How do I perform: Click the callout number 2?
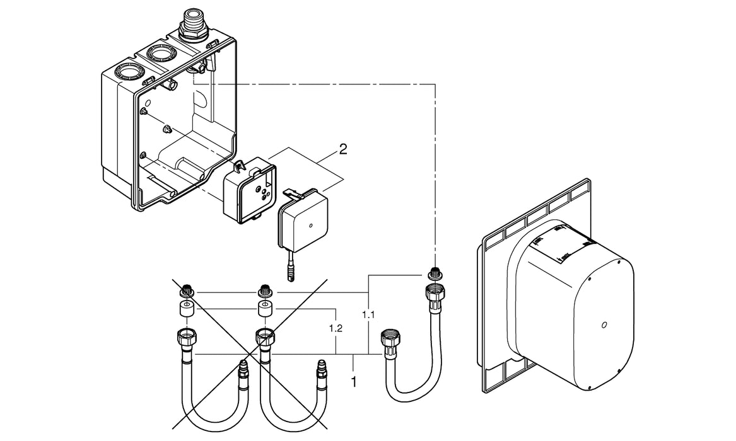point(342,149)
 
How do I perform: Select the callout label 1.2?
point(336,329)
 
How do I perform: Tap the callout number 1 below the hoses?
point(354,381)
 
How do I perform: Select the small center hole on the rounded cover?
point(604,326)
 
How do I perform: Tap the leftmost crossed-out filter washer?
point(187,292)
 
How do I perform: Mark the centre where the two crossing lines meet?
point(253,353)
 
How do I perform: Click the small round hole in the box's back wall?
point(148,102)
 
